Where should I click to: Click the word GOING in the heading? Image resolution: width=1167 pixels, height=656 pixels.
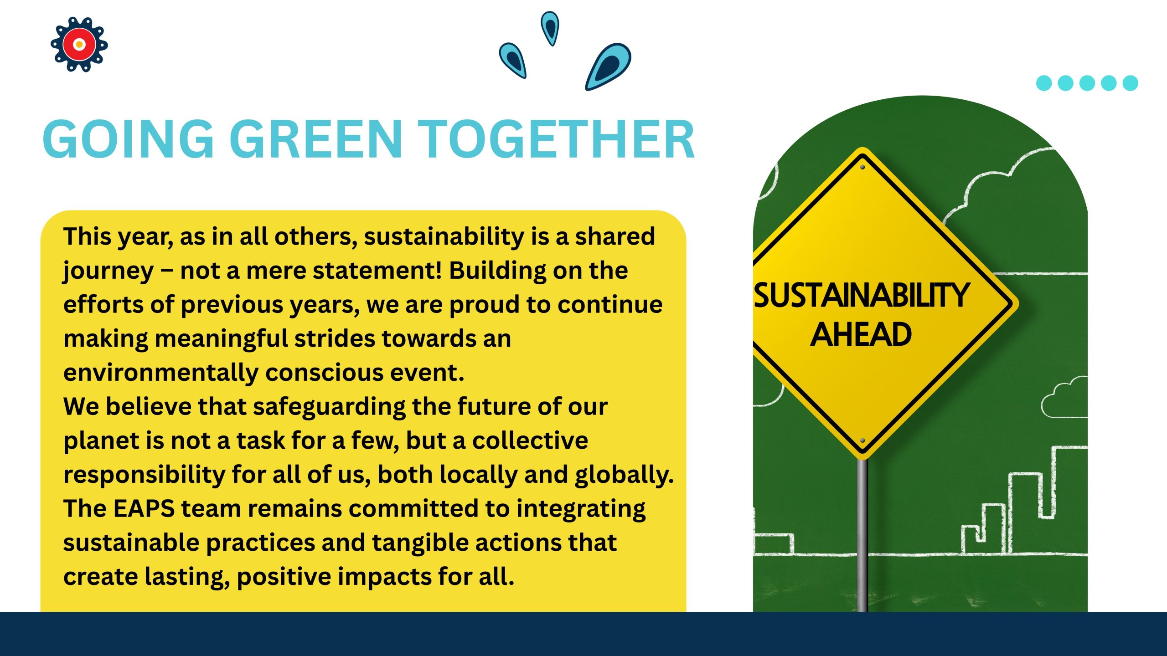point(129,139)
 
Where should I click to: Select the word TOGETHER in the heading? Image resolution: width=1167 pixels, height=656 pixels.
point(556,139)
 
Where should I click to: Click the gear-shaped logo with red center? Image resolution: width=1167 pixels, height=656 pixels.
point(79,45)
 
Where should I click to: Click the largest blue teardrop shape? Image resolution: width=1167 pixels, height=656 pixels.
point(608,66)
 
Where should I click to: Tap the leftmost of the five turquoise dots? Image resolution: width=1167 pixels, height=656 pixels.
point(1044,83)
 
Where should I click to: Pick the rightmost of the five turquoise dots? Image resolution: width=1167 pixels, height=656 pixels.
point(1130,83)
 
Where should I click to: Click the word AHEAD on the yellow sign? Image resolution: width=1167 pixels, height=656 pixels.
point(861,335)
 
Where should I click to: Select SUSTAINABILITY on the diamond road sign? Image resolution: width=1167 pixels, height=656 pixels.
point(861,295)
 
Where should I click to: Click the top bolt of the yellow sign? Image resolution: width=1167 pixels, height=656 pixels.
point(862,167)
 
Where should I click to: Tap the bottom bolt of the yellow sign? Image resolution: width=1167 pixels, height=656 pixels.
point(862,441)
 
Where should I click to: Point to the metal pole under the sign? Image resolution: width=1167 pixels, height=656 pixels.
point(862,535)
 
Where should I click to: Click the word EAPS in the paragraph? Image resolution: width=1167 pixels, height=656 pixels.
point(144,508)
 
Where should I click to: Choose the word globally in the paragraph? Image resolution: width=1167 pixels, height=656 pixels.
point(624,475)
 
